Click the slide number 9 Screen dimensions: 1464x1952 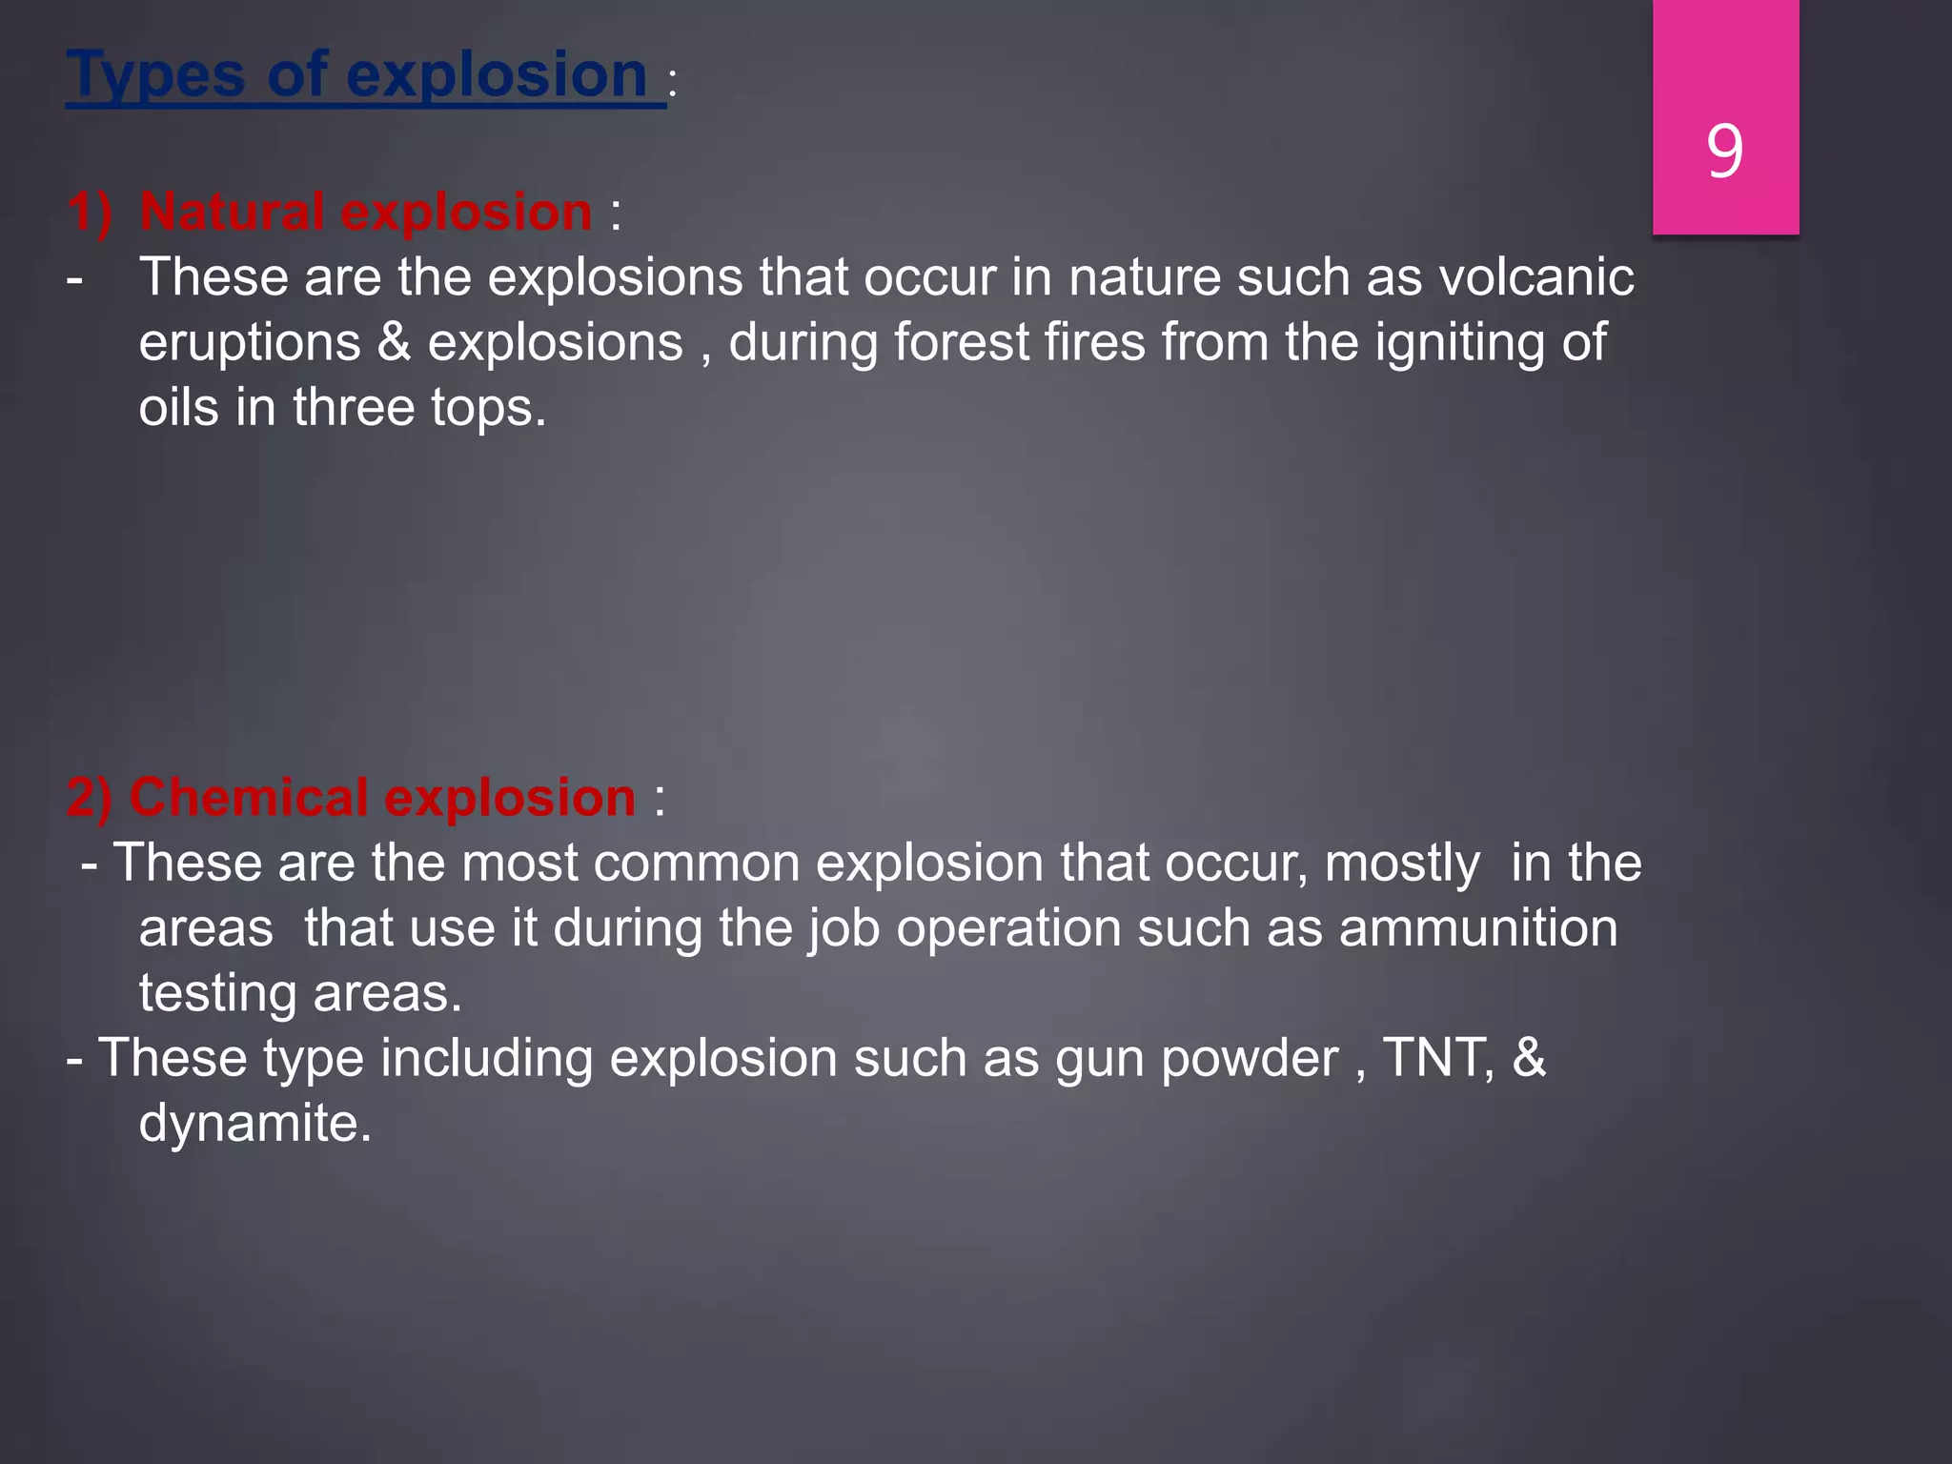(x=1725, y=152)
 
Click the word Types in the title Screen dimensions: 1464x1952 (x=155, y=76)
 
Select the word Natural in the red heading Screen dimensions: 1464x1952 (x=232, y=212)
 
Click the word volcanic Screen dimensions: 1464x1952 (x=1536, y=277)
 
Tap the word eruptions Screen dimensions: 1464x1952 (x=250, y=344)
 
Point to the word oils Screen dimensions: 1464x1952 (x=179, y=407)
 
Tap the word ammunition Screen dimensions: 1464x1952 (x=1478, y=928)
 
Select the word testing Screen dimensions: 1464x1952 (x=218, y=994)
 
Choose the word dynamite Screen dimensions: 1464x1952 (x=254, y=1123)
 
